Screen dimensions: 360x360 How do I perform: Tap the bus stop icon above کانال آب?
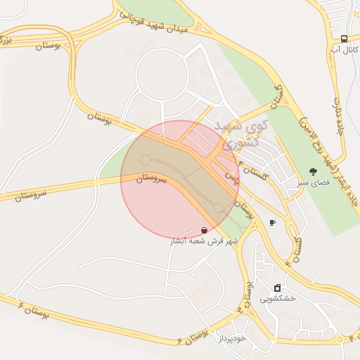click(x=344, y=39)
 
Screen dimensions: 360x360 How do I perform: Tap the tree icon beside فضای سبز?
click(x=312, y=171)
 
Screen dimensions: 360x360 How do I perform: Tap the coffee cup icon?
click(x=272, y=223)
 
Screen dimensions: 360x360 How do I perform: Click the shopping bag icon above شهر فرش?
click(x=204, y=230)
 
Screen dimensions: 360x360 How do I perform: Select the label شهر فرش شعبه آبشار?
click(x=205, y=240)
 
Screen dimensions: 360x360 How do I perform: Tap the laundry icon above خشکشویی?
click(x=277, y=288)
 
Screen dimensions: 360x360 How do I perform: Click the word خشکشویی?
click(x=278, y=298)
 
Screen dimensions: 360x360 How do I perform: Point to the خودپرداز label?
click(x=230, y=338)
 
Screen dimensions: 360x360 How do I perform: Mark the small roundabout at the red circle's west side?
click(x=146, y=160)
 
